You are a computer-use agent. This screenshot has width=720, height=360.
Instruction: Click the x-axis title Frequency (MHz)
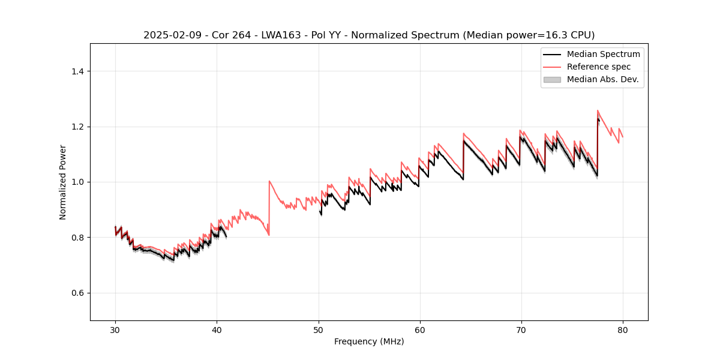[369, 341]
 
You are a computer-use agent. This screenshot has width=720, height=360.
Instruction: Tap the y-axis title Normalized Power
[63, 182]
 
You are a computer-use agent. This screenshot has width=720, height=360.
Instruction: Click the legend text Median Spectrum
[603, 54]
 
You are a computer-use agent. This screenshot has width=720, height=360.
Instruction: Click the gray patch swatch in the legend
[551, 79]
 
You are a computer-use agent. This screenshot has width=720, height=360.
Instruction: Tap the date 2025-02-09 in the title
[169, 35]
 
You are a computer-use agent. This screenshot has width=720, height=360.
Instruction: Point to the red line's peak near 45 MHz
[269, 181]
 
